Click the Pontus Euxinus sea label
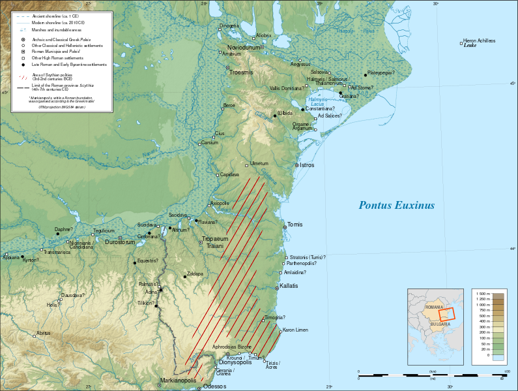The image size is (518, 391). [x=396, y=206]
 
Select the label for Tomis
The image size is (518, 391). [x=295, y=225]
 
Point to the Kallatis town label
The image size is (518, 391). [x=289, y=287]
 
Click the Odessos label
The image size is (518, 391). [x=214, y=387]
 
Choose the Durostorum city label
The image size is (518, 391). [x=120, y=242]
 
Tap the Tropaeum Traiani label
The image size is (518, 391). [x=215, y=243]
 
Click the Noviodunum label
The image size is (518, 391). [x=243, y=48]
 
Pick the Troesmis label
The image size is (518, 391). [x=241, y=72]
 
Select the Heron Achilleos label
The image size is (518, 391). [x=479, y=40]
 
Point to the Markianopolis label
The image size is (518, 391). [x=179, y=380]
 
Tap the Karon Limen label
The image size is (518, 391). [x=296, y=330]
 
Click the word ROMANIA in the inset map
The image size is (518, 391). [x=434, y=307]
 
